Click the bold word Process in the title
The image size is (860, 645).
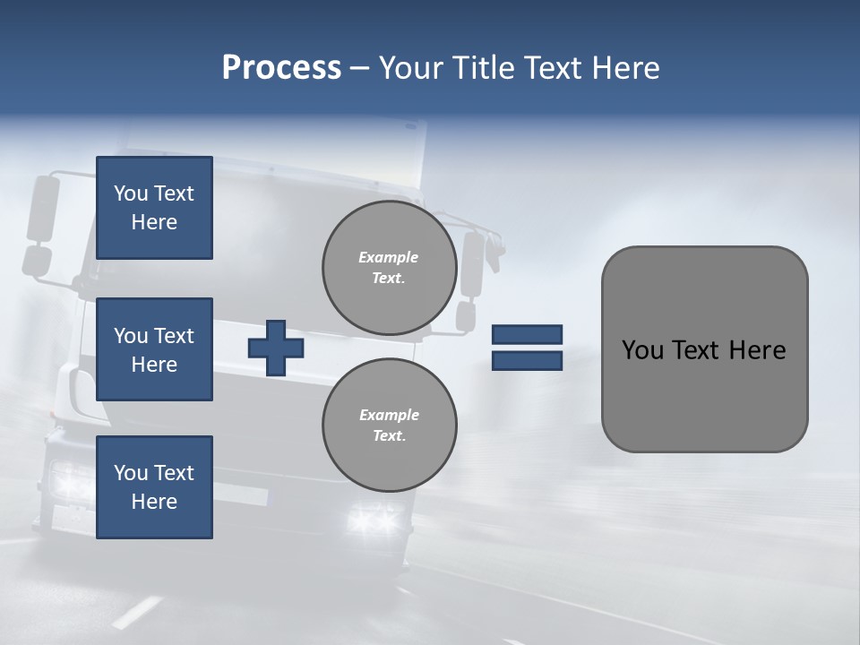coord(281,68)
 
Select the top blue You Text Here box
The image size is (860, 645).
coord(154,208)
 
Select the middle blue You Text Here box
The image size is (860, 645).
coord(154,349)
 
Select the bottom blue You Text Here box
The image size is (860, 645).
coord(154,487)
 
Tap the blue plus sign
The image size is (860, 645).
coord(276,348)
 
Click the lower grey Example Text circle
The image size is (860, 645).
coord(389,426)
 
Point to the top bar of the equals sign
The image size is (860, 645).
coord(527,335)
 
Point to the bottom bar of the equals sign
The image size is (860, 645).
coord(527,360)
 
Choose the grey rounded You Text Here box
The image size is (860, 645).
coord(704,349)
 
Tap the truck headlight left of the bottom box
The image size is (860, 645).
coord(70,482)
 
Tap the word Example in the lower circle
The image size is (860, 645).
coord(389,415)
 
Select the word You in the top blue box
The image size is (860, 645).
coord(130,193)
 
